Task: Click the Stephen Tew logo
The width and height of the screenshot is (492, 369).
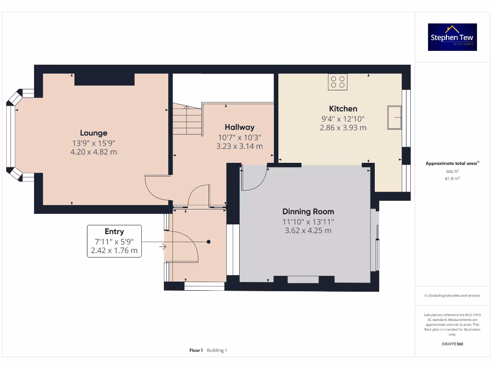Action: click(x=452, y=37)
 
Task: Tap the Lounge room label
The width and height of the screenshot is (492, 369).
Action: click(x=94, y=133)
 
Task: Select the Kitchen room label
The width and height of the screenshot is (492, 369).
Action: click(x=343, y=109)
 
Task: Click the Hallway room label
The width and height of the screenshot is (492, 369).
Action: click(x=239, y=127)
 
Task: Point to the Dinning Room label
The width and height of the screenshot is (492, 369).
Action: click(x=308, y=211)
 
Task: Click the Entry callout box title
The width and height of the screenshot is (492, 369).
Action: click(x=114, y=232)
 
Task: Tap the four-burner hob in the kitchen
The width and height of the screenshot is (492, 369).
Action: click(x=338, y=82)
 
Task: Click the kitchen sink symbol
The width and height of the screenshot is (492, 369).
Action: click(x=395, y=117)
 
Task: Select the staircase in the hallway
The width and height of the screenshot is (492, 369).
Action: click(x=186, y=121)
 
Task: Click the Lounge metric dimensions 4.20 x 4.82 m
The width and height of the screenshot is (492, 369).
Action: click(x=94, y=152)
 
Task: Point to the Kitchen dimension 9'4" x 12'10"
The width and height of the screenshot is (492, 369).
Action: click(x=343, y=119)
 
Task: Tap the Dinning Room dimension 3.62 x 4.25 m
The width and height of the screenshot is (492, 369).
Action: click(x=308, y=230)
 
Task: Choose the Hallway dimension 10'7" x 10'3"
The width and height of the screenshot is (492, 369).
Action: click(x=239, y=137)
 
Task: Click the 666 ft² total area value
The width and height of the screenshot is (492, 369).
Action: click(x=452, y=171)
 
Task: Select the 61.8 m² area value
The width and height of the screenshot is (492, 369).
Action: click(x=452, y=178)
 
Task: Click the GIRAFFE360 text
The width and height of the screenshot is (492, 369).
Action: click(x=452, y=344)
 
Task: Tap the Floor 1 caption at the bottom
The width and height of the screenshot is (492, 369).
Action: click(x=196, y=350)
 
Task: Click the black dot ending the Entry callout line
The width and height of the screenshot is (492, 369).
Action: click(x=209, y=242)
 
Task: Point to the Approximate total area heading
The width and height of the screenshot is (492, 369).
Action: click(x=452, y=163)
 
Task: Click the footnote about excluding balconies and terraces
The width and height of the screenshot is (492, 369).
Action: click(x=452, y=295)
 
